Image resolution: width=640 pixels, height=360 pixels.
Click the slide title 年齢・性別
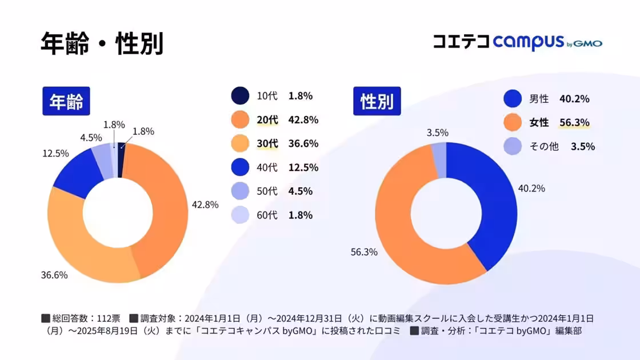point(102,43)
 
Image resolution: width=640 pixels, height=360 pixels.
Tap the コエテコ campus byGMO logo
point(517,42)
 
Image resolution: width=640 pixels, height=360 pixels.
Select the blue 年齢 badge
point(66,102)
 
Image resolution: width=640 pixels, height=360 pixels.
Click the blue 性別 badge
point(377,101)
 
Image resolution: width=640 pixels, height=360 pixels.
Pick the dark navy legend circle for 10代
point(240,96)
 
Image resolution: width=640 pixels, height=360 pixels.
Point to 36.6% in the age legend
point(303,144)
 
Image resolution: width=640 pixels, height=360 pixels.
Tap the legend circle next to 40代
point(240,167)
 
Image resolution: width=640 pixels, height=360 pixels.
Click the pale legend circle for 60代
point(240,215)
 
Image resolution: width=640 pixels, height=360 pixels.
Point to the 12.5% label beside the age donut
point(55,153)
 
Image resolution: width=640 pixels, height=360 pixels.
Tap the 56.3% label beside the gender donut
point(363,252)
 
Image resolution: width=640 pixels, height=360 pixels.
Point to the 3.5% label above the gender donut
point(437,133)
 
